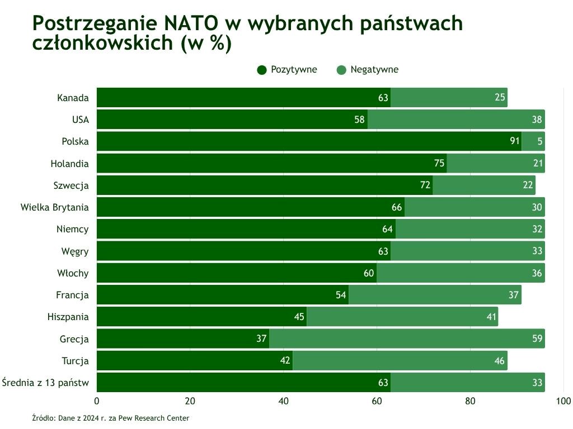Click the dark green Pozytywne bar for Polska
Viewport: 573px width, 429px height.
(308, 141)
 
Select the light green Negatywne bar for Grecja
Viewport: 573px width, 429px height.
(407, 339)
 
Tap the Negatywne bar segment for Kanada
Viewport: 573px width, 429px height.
(449, 98)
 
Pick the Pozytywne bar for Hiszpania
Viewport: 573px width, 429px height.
(201, 317)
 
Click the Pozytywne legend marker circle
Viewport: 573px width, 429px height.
(262, 70)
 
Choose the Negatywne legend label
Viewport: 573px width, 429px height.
(374, 70)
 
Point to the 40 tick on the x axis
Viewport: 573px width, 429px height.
(284, 401)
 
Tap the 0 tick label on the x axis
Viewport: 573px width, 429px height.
(97, 401)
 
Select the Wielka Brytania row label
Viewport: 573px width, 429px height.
(55, 207)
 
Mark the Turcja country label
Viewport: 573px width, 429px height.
(75, 361)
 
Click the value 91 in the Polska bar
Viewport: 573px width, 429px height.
(515, 141)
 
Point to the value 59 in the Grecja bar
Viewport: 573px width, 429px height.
(537, 339)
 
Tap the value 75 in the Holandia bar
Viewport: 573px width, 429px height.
(439, 163)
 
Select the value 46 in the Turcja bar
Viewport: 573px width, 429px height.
(500, 361)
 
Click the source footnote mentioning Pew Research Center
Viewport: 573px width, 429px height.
(111, 418)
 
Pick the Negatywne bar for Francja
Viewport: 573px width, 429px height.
(435, 295)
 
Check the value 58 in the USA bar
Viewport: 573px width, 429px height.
(359, 120)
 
